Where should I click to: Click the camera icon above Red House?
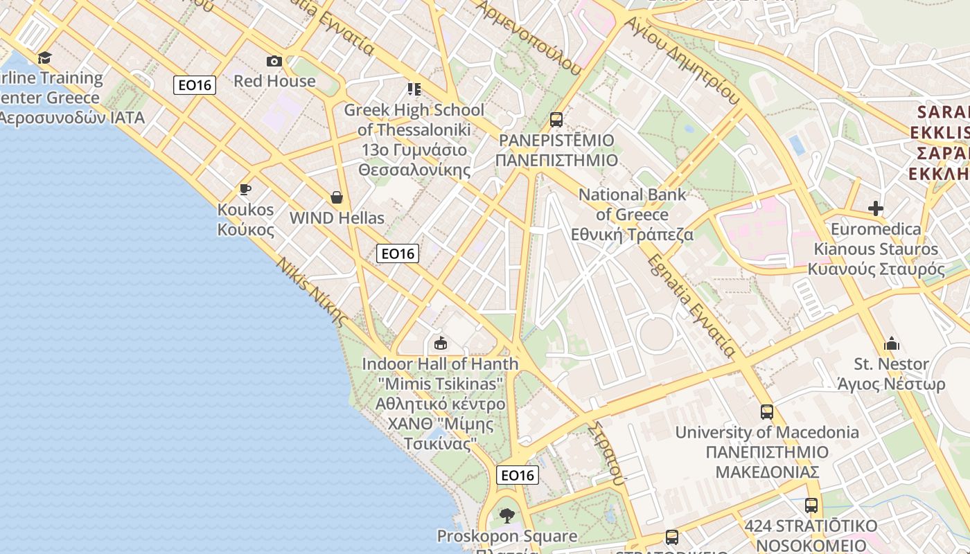(x=274, y=61)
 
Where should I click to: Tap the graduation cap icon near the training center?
(x=45, y=57)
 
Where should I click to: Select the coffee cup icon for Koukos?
(x=245, y=189)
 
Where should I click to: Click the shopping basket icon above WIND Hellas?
(x=337, y=197)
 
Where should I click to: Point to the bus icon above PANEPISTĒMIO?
(x=556, y=119)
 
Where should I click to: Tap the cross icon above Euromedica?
(x=876, y=208)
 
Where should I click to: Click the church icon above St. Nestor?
(x=891, y=343)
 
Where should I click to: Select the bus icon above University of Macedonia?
(x=767, y=411)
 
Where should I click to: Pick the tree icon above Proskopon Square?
(x=507, y=515)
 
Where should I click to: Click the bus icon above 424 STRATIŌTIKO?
(x=811, y=505)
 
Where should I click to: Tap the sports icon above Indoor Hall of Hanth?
(x=440, y=343)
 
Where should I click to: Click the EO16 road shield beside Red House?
(x=195, y=85)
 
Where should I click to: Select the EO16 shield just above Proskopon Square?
(x=518, y=475)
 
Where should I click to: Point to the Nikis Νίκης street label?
(x=312, y=292)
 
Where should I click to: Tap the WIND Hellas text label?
(x=337, y=218)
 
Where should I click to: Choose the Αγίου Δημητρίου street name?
(x=682, y=60)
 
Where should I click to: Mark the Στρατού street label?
(x=606, y=451)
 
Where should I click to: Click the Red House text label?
(x=274, y=81)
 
